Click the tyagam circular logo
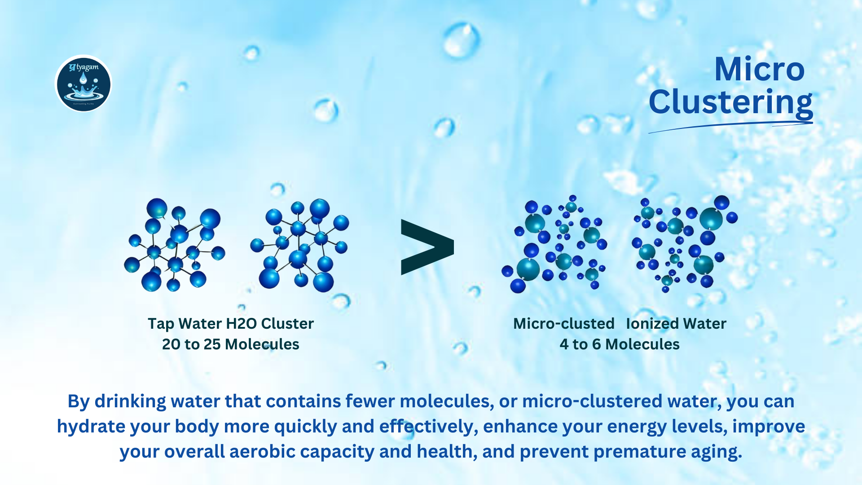click(83, 84)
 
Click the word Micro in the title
click(759, 70)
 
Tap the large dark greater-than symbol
click(427, 247)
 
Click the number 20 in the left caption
click(171, 344)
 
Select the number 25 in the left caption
click(212, 344)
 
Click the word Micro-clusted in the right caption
click(563, 323)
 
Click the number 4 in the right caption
click(564, 344)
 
